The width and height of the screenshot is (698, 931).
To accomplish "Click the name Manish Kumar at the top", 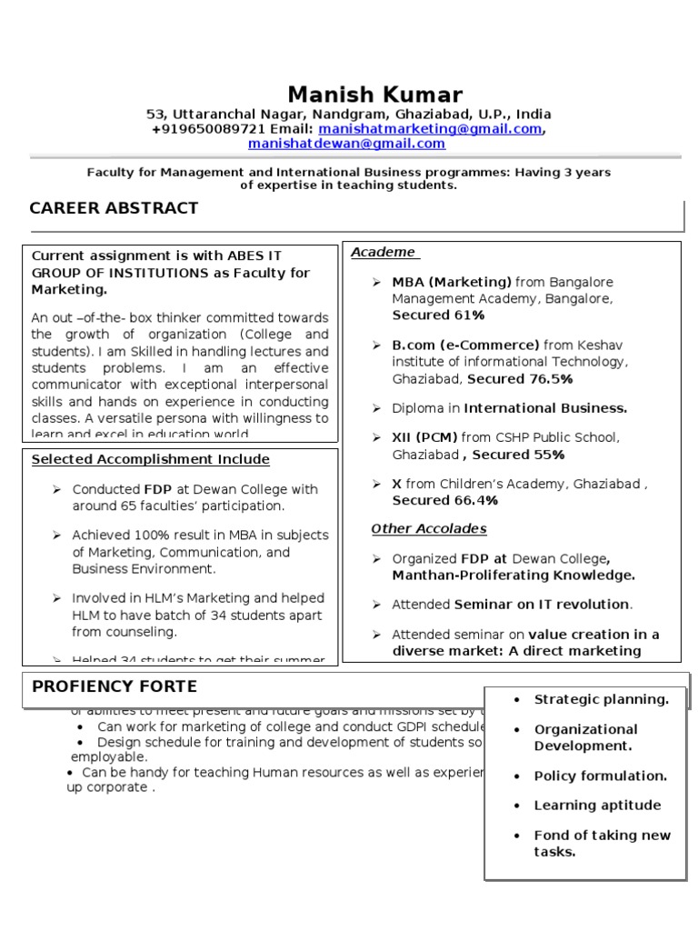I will (x=374, y=95).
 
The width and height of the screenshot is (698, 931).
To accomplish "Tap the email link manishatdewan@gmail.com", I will (x=346, y=144).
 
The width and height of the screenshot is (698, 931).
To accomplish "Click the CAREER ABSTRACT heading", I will (x=114, y=208).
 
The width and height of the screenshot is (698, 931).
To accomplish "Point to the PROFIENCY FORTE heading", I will (x=114, y=686).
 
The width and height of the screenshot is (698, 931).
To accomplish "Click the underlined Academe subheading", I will (x=384, y=252).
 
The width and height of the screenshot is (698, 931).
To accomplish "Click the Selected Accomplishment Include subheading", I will (x=151, y=459).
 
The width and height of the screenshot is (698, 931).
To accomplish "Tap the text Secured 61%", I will (x=438, y=315).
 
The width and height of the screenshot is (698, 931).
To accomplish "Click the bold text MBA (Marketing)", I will (x=452, y=282).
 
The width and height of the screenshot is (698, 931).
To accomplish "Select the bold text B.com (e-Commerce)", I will (x=466, y=345).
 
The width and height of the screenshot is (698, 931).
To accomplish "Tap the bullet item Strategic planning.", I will (x=601, y=699).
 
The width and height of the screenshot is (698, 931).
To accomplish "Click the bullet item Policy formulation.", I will (x=600, y=776).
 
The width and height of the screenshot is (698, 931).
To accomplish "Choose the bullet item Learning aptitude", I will (x=597, y=805).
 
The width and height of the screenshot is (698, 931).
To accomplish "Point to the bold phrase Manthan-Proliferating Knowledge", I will (x=514, y=575).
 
